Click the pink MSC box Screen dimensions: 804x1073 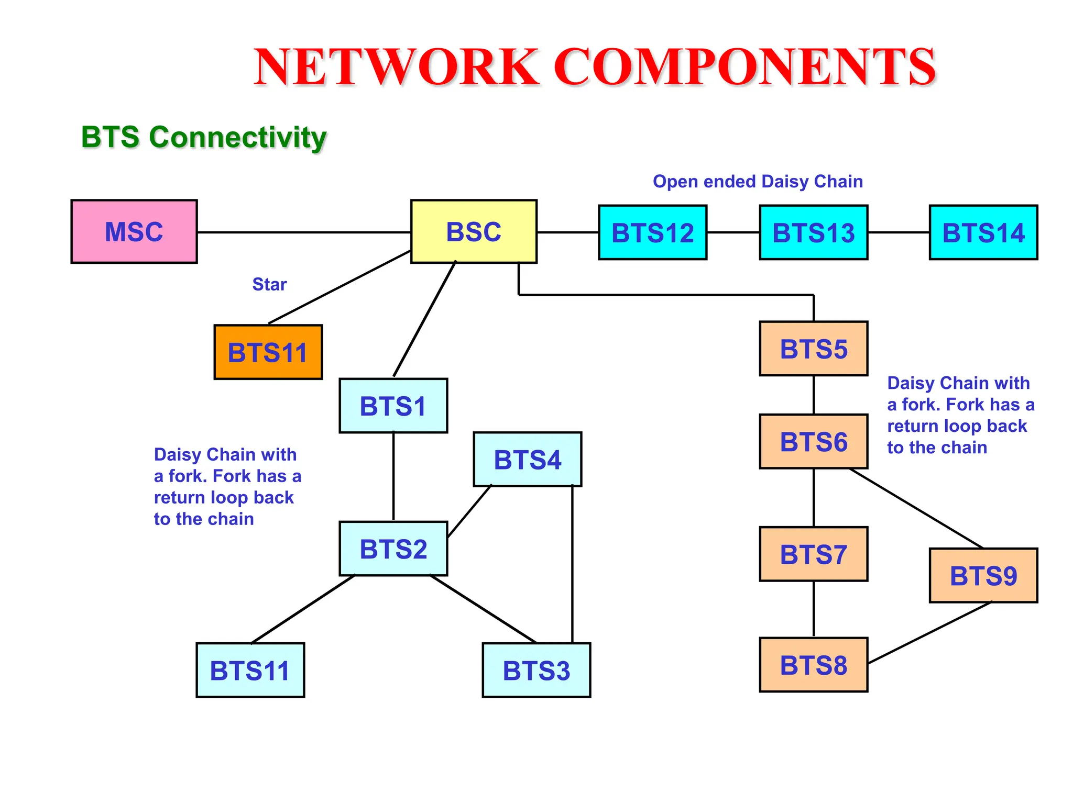(134, 231)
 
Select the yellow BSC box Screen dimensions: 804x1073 (474, 231)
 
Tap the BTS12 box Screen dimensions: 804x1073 (653, 232)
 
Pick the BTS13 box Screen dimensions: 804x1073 (814, 232)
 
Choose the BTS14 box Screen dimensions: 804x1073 (983, 232)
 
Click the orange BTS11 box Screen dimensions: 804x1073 (268, 352)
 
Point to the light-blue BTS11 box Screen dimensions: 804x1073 (250, 670)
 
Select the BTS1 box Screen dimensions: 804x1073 (393, 406)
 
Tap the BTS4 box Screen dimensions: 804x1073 (528, 460)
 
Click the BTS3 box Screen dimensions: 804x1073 (536, 670)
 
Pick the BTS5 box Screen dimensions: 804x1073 (814, 349)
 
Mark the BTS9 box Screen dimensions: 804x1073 (983, 575)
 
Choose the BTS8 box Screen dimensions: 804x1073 (814, 665)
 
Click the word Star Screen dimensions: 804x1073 (269, 284)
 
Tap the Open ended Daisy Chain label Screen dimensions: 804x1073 (758, 182)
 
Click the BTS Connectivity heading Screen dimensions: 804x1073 (204, 137)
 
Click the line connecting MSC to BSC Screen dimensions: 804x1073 (304, 232)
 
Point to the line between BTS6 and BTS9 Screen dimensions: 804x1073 (916, 508)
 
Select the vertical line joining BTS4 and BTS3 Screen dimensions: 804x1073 (572, 564)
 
